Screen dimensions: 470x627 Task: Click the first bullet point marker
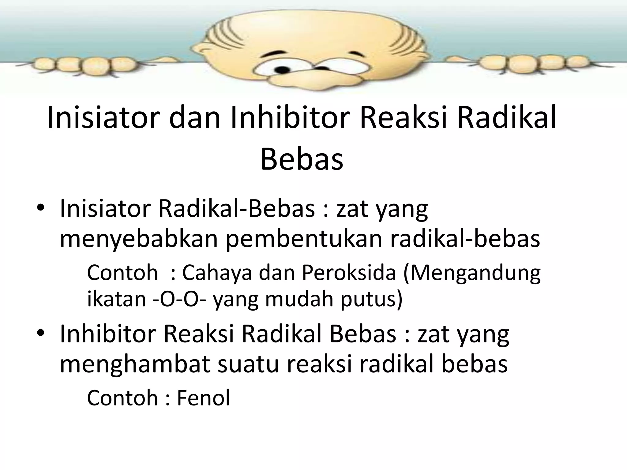[41, 208]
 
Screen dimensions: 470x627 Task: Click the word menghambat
[135, 364]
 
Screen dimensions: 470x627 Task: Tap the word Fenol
[203, 398]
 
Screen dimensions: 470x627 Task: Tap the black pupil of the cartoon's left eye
[283, 71]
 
